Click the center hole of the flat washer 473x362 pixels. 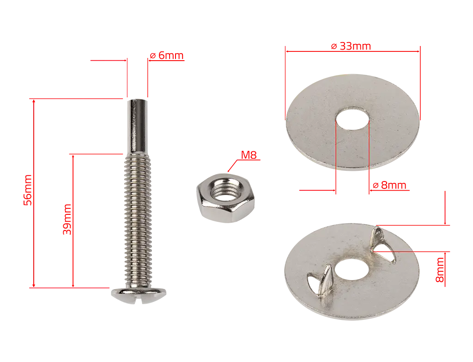point(352,119)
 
